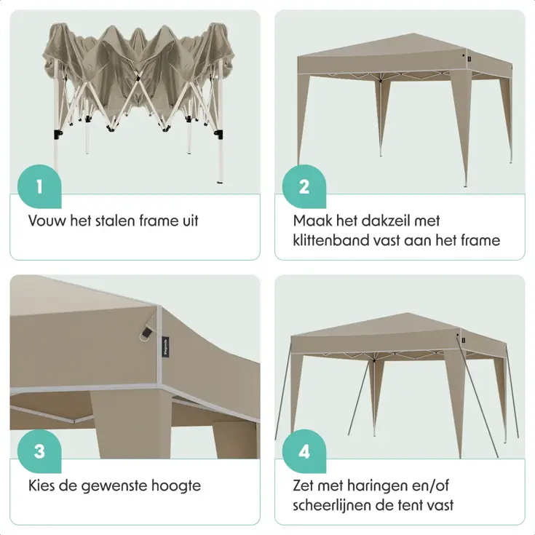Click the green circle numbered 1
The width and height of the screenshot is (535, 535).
pyautogui.click(x=39, y=186)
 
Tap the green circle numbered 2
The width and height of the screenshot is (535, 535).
pyautogui.click(x=304, y=186)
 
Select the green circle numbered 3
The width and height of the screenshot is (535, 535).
pyautogui.click(x=39, y=451)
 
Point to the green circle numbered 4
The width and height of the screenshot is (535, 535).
pyautogui.click(x=304, y=451)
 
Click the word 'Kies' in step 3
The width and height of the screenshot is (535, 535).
pyautogui.click(x=44, y=486)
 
